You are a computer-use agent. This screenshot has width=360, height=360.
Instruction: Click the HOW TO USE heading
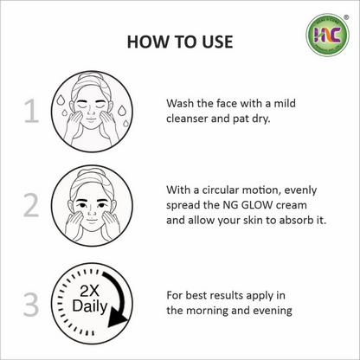[x=180, y=42]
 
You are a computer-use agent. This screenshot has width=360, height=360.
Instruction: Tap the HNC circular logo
[x=327, y=35]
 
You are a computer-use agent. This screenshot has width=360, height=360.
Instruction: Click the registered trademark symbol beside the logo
[x=346, y=17]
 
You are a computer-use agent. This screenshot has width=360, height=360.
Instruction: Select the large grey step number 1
[x=31, y=112]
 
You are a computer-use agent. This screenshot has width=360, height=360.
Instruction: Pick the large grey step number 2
[x=31, y=205]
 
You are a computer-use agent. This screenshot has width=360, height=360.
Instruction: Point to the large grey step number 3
[x=31, y=305]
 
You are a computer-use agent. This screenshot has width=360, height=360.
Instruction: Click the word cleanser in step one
[x=187, y=119]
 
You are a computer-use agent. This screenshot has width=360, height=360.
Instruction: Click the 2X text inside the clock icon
[x=89, y=292]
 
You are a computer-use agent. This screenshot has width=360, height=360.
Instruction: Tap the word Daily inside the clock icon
[x=90, y=306]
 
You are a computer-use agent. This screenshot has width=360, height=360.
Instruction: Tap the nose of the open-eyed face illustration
[x=92, y=213]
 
